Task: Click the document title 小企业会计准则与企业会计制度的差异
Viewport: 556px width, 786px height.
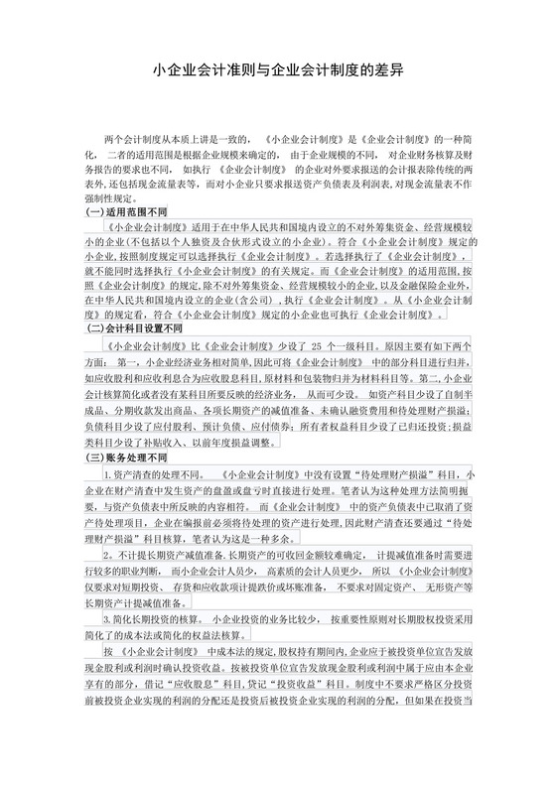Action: pos(277,71)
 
